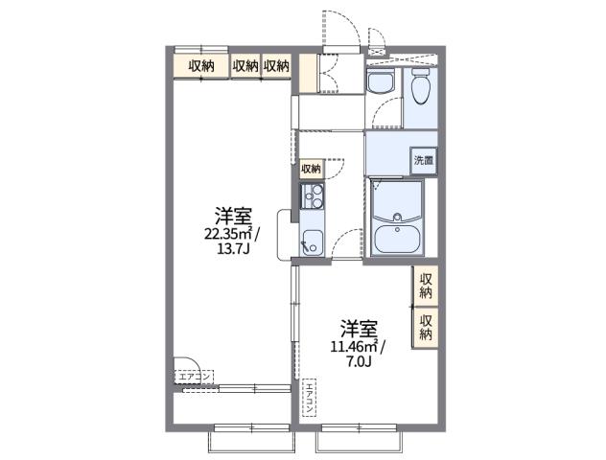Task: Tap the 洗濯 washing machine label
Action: (423, 160)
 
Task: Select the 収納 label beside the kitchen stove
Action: (312, 169)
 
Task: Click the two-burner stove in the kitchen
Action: (311, 197)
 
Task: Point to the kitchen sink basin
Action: (311, 240)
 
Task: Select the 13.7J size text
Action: (233, 251)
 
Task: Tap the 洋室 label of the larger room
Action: (233, 214)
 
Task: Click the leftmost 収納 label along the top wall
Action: (201, 65)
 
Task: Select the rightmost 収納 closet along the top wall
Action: (277, 65)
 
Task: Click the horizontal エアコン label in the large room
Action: (196, 378)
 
